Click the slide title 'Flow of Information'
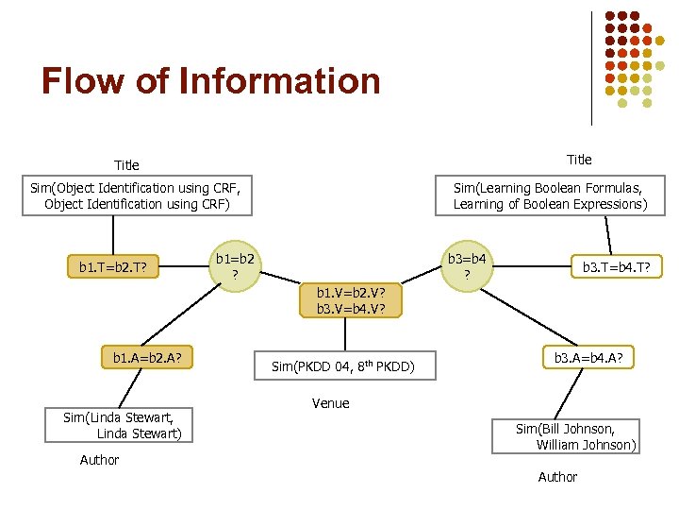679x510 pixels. [210, 82]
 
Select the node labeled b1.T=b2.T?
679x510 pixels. [113, 267]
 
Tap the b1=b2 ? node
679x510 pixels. [236, 265]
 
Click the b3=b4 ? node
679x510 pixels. [466, 265]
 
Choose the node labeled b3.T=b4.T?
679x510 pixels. [615, 267]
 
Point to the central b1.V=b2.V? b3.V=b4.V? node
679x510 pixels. [351, 299]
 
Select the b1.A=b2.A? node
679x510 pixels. [147, 358]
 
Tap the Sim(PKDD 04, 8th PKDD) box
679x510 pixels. [343, 365]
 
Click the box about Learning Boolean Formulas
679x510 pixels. [550, 195]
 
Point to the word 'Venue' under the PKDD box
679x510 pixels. [330, 403]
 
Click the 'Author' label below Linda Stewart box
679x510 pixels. [99, 460]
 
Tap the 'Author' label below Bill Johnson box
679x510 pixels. [557, 477]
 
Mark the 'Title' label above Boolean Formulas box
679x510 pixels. [579, 160]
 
